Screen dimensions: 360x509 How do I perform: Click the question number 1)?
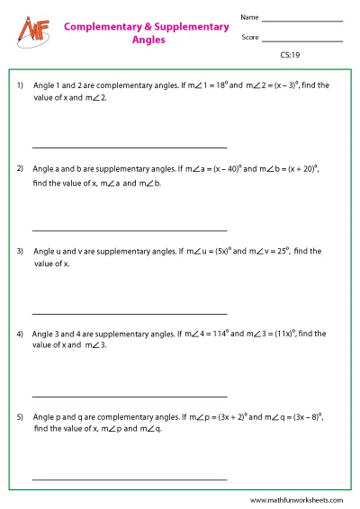click(x=21, y=85)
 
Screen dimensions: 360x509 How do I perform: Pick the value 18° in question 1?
click(x=203, y=85)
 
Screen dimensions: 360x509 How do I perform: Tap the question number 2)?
click(x=21, y=168)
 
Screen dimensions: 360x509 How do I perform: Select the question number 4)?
click(x=21, y=334)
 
